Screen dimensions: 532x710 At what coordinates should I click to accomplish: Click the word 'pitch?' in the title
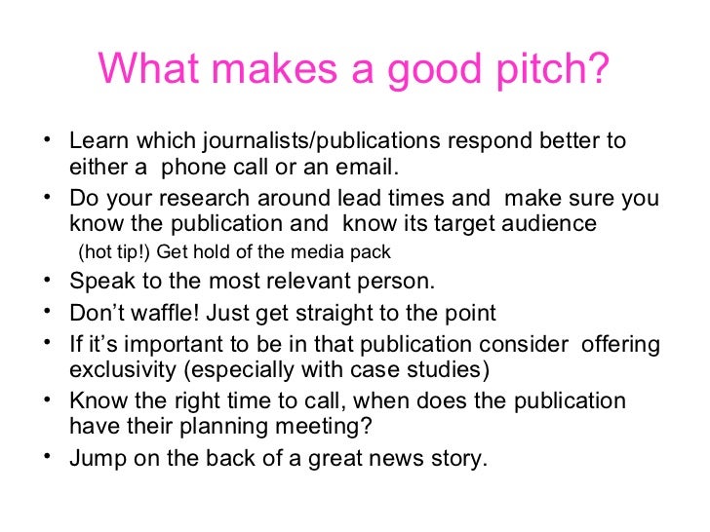point(549,69)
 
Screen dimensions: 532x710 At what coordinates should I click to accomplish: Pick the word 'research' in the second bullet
point(188,199)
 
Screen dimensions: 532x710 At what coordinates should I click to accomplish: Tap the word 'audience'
point(552,224)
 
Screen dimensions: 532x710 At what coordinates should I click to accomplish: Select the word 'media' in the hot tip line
point(312,252)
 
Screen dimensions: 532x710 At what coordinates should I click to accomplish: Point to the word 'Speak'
point(99,283)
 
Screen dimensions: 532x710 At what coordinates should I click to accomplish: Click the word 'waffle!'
point(159,314)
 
